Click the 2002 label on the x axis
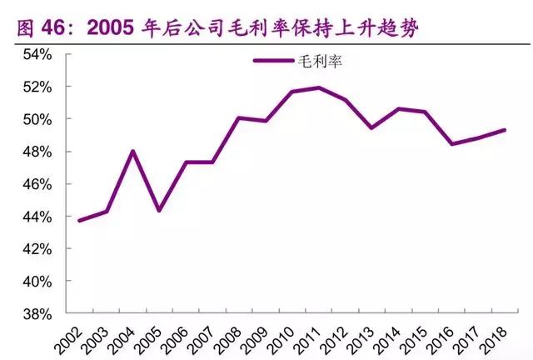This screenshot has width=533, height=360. point(73,337)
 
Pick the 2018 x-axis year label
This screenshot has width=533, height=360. point(497,337)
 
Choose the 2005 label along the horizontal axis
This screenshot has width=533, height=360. point(152,337)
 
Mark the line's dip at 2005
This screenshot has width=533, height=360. point(159,210)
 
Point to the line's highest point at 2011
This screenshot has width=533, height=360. point(318,87)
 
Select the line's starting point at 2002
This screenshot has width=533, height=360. point(79,221)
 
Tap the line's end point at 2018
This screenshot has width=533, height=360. point(505,130)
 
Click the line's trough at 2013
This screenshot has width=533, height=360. point(371,127)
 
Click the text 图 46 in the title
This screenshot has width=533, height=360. point(35,28)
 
